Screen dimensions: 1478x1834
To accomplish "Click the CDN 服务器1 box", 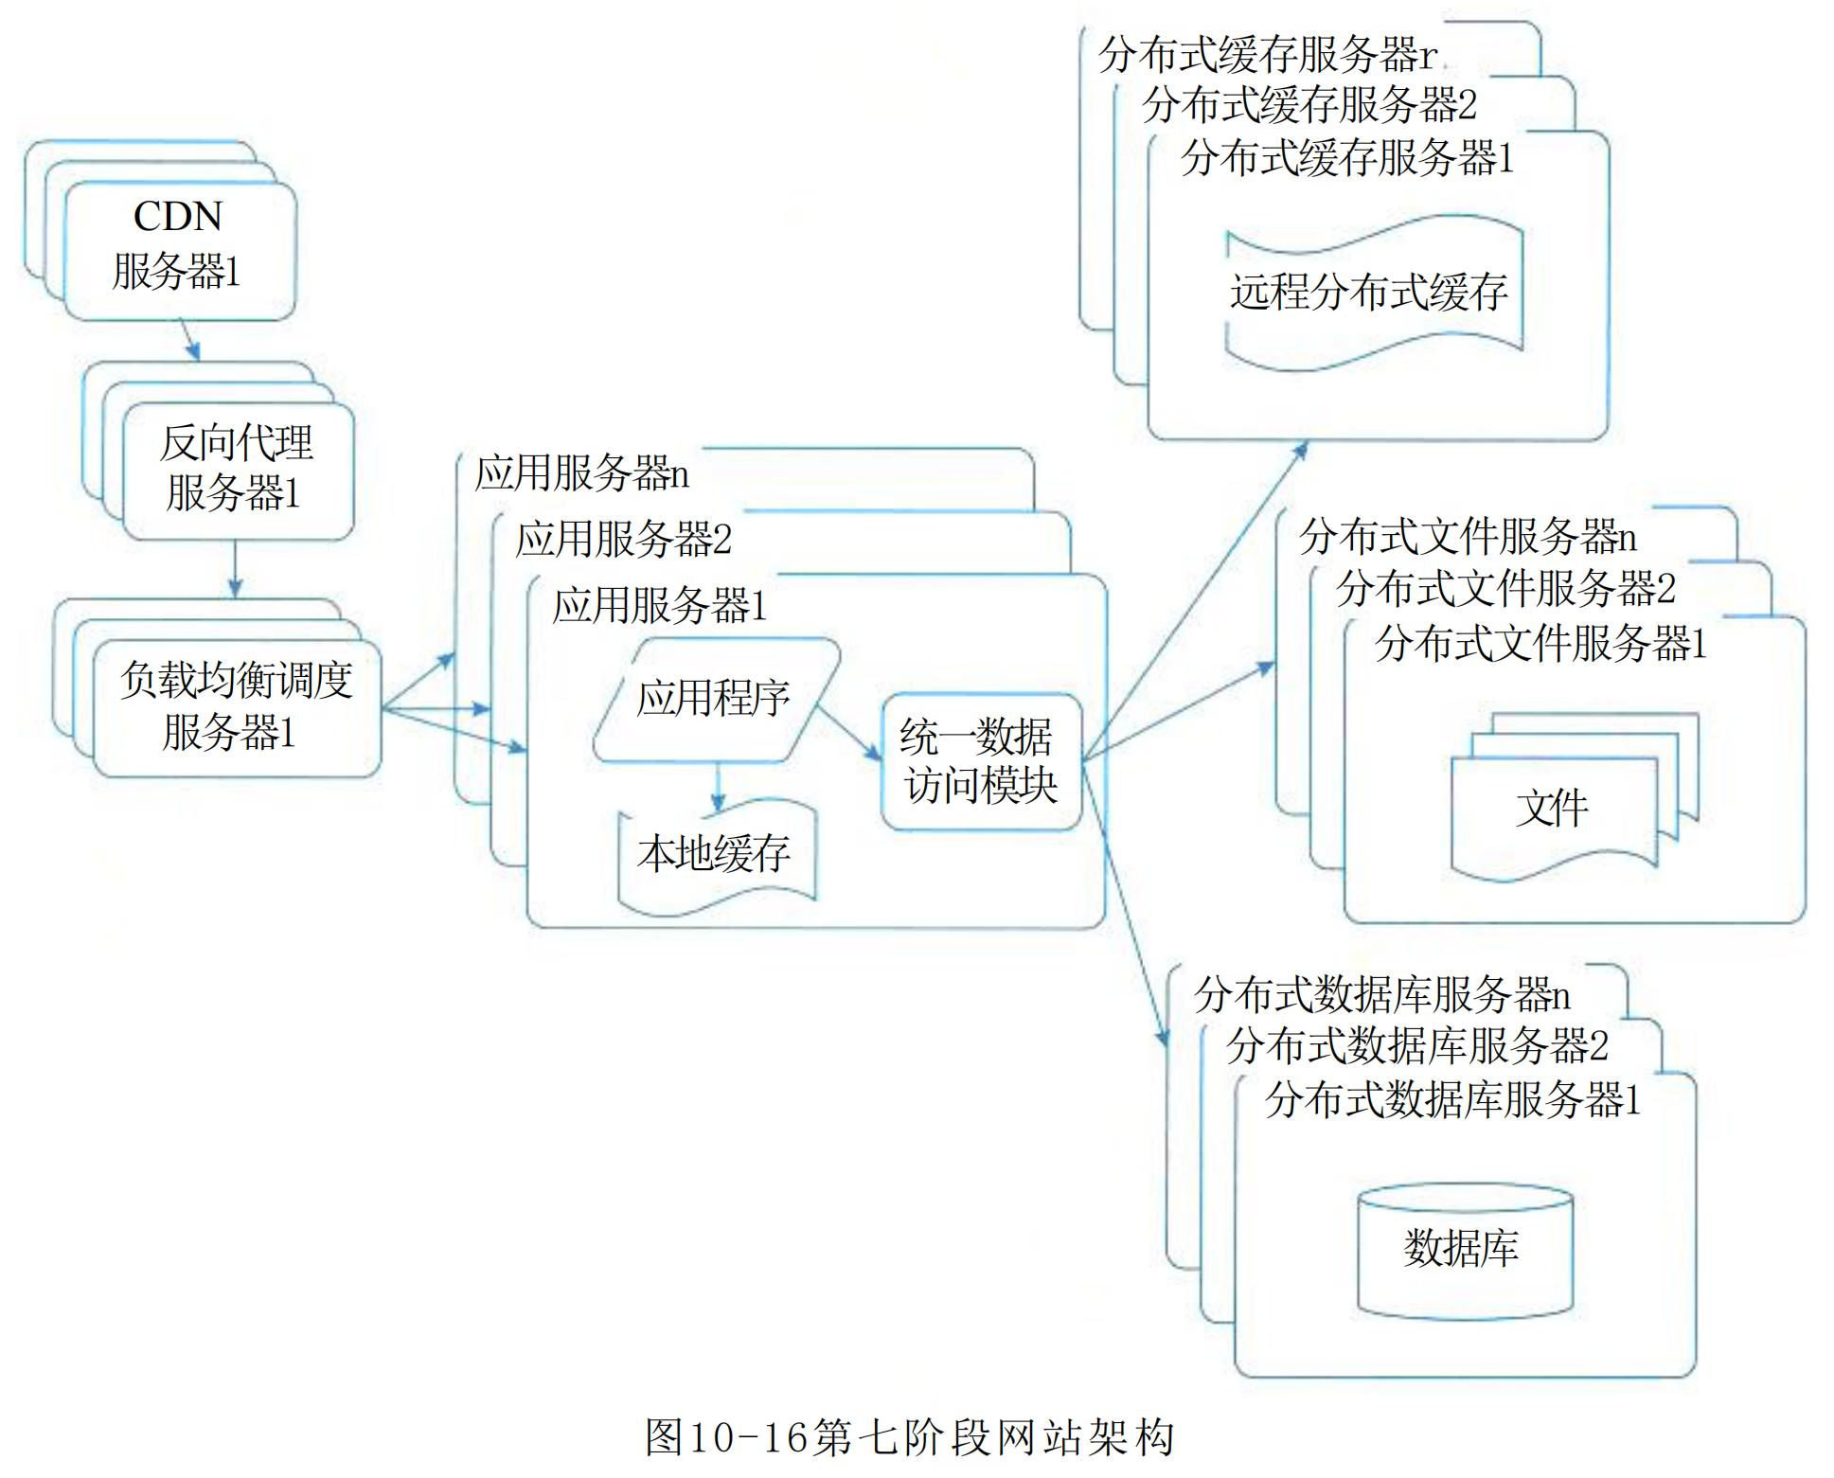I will point(179,248).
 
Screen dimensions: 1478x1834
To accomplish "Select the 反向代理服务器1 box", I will point(238,470).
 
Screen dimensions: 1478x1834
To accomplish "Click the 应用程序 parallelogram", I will point(715,699).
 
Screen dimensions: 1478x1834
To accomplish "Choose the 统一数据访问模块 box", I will point(980,761).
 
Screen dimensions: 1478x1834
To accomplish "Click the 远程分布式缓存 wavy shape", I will point(1370,292).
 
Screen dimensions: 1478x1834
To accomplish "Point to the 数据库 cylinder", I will point(1464,1250).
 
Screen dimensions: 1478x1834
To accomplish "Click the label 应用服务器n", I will point(582,472).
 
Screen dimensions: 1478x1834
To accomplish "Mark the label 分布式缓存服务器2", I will point(1309,104).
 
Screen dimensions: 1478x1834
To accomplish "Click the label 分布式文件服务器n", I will point(1468,537).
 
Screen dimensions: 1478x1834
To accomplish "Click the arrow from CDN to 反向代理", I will point(189,340).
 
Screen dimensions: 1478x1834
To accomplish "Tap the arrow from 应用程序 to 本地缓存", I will point(718,786).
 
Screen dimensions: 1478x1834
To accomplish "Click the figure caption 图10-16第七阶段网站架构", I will point(909,1437).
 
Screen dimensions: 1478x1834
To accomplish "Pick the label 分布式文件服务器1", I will point(1540,644).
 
